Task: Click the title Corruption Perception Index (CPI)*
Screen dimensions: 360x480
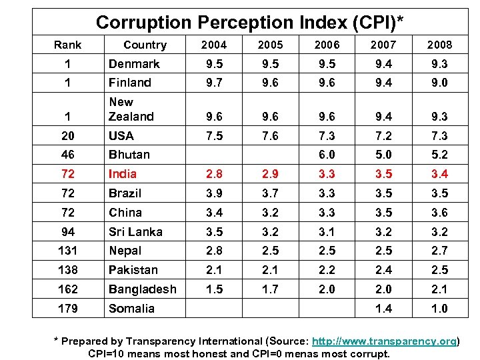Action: tap(249, 22)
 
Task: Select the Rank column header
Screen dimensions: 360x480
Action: tap(67, 45)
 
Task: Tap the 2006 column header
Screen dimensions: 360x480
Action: tap(327, 45)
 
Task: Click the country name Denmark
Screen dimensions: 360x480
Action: tap(134, 64)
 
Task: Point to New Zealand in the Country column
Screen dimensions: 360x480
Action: tap(131, 109)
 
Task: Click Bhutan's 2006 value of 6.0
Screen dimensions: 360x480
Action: tap(327, 155)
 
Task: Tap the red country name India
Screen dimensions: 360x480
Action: tap(123, 174)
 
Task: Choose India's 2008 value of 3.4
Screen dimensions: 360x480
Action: tap(439, 174)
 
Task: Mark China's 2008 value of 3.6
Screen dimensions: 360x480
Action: tap(439, 213)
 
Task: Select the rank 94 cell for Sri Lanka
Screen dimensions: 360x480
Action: tap(67, 232)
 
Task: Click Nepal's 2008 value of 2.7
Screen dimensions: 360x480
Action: tap(439, 251)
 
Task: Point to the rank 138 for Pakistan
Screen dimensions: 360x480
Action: tap(67, 271)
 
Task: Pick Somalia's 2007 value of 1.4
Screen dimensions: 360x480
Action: tap(383, 309)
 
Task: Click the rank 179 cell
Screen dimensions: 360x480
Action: tap(67, 309)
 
